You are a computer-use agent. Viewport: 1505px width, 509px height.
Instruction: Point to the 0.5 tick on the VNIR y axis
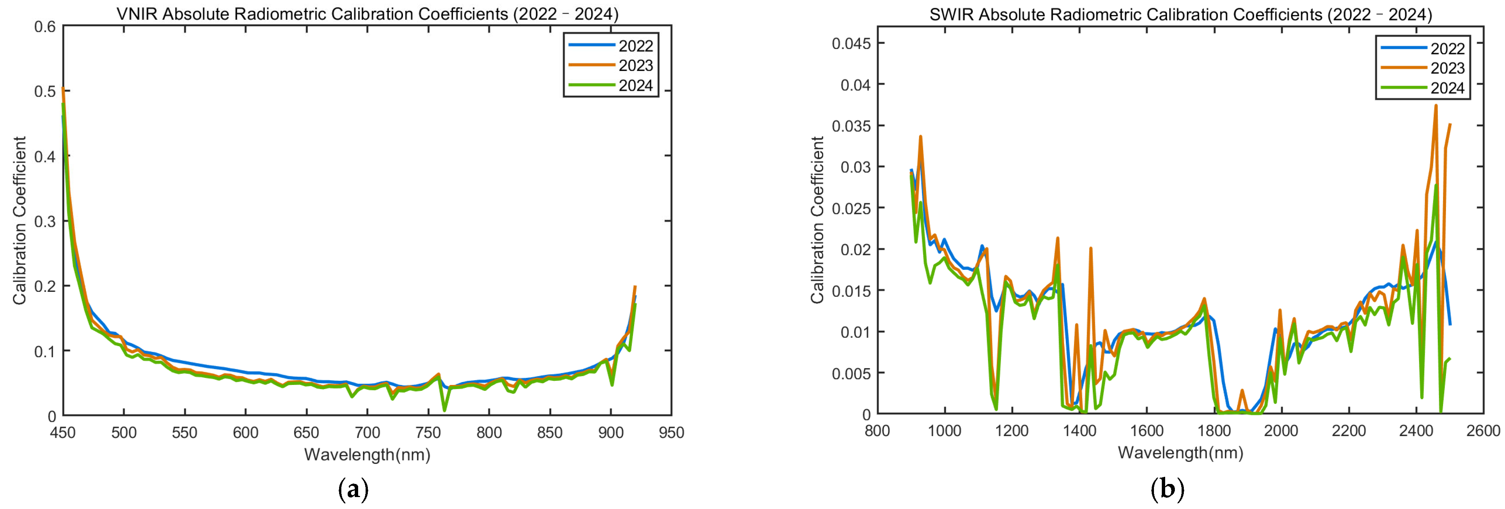coord(44,91)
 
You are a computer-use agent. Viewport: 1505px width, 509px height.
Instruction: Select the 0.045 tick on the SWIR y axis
coord(851,43)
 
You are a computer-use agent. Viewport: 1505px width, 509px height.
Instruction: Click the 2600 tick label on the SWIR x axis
coord(1483,431)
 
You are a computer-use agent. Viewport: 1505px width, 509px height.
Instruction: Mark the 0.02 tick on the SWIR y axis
coord(855,250)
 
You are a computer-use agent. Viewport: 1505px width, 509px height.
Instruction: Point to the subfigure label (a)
coord(353,488)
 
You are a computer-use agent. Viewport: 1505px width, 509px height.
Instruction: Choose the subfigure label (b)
coord(1167,488)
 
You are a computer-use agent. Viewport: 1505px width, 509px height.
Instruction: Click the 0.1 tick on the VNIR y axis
coord(44,351)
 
